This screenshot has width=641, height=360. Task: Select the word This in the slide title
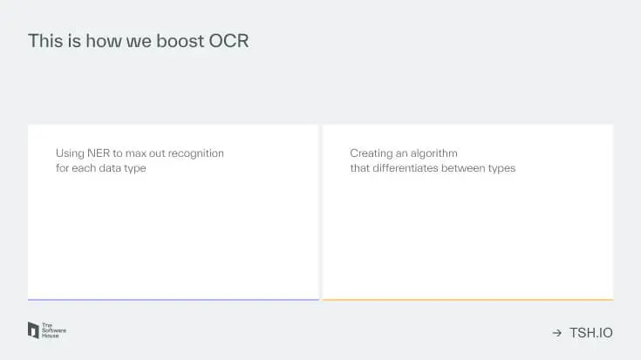pos(44,41)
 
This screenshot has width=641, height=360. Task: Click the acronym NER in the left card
pos(99,153)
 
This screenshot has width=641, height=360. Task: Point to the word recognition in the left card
pos(194,153)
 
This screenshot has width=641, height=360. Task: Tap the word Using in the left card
pos(70,153)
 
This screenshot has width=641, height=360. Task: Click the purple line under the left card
pos(173,300)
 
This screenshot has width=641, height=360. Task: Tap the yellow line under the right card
pos(467,300)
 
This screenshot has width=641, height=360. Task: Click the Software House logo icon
pos(34,330)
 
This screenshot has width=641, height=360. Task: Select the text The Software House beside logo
pos(54,330)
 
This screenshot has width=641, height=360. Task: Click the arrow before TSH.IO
pos(556,333)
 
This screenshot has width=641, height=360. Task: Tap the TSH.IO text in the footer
pos(590,333)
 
